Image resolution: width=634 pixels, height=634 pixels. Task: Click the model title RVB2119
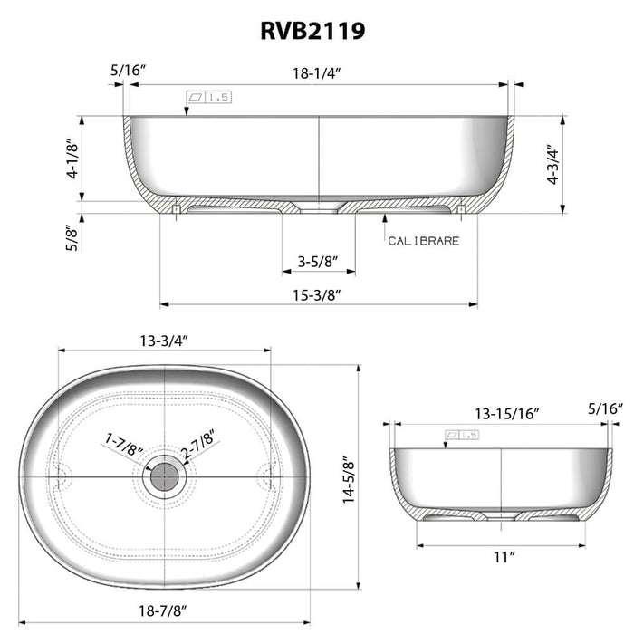tap(315, 31)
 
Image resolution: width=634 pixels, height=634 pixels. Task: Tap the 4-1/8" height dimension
tap(73, 160)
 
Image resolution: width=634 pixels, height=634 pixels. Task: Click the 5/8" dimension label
tap(73, 238)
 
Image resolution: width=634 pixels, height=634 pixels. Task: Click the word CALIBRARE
tap(423, 241)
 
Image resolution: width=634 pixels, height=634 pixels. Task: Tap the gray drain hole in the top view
tap(164, 475)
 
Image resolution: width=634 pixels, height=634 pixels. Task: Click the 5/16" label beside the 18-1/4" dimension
tap(126, 68)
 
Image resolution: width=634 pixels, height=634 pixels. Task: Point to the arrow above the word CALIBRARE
tap(387, 220)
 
